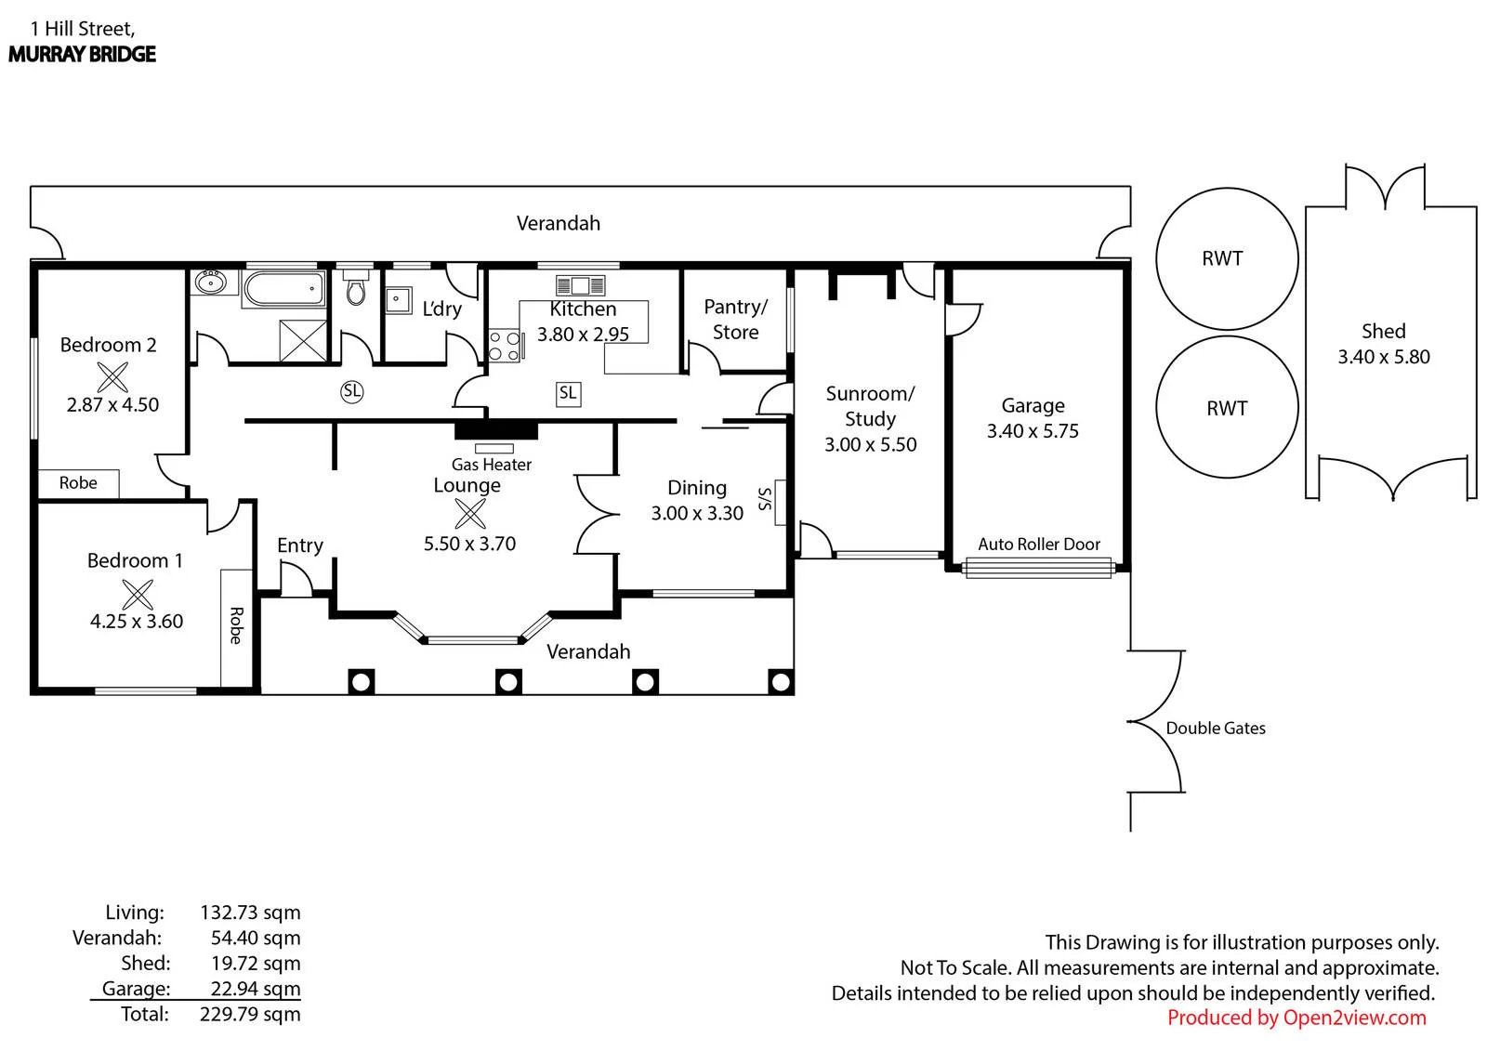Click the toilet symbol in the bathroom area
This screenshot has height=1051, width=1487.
tap(357, 286)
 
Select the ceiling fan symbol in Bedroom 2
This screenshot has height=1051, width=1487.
tap(112, 377)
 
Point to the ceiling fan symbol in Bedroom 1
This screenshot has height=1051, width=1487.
tap(138, 594)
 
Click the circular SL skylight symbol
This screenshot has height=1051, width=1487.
tap(352, 392)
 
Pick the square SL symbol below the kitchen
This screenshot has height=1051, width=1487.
tap(568, 394)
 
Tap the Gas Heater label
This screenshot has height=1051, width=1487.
tap(492, 465)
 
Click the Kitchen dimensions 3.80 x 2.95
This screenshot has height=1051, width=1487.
tap(583, 334)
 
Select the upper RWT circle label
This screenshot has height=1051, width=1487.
tap(1222, 258)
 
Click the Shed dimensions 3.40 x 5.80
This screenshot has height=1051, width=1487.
tap(1384, 357)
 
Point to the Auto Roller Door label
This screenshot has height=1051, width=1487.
tap(1039, 545)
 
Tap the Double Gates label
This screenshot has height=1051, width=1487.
tap(1216, 729)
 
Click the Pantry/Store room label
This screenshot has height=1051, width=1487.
tap(735, 320)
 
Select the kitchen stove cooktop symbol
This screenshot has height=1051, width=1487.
tap(506, 346)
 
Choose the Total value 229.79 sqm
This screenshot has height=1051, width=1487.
tap(250, 1015)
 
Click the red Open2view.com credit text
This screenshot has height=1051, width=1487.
tap(1296, 1018)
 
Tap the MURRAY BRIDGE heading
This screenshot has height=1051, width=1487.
tap(82, 54)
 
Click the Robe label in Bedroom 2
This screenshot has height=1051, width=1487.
tap(78, 482)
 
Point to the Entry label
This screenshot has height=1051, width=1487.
tap(300, 545)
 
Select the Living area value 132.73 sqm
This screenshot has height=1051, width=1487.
tap(250, 913)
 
